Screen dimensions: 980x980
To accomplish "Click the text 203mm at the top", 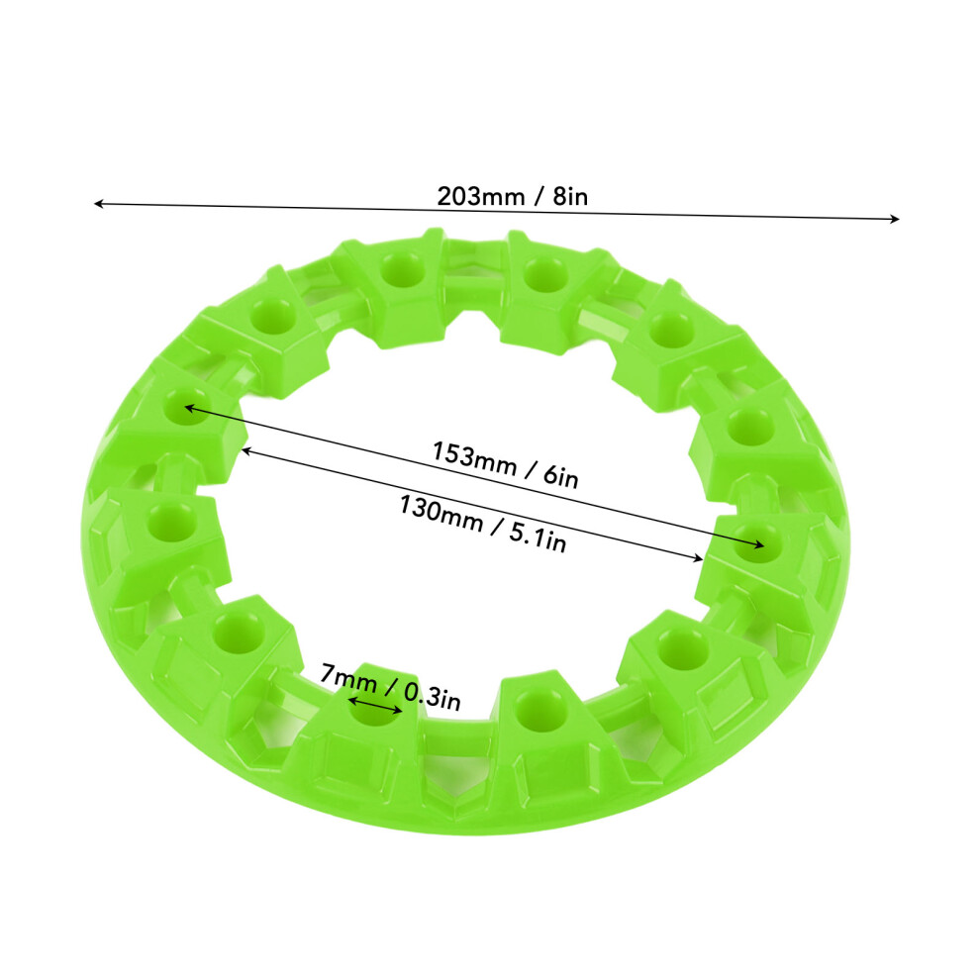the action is point(481,197).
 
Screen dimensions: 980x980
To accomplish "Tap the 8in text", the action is point(570,197).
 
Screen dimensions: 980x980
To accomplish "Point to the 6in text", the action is point(560,477).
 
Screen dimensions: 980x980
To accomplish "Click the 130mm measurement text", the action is point(441,514).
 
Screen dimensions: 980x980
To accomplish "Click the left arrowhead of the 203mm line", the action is point(97,203).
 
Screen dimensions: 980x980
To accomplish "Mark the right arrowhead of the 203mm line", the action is point(895,219).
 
